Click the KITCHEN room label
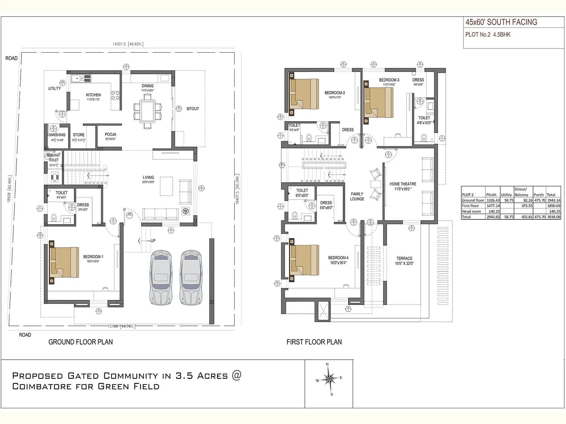click(93, 95)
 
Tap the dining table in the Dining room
click(148, 111)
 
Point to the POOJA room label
click(110, 135)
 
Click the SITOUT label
click(192, 109)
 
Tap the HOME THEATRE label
click(403, 184)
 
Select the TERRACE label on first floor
click(404, 259)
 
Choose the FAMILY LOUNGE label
click(357, 196)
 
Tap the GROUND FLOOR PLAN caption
click(81, 342)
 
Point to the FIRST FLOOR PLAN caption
click(314, 342)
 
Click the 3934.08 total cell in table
click(553, 217)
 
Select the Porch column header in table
click(538, 195)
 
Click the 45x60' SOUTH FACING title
click(501, 22)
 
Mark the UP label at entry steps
click(153, 241)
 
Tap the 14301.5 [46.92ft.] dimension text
click(128, 44)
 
